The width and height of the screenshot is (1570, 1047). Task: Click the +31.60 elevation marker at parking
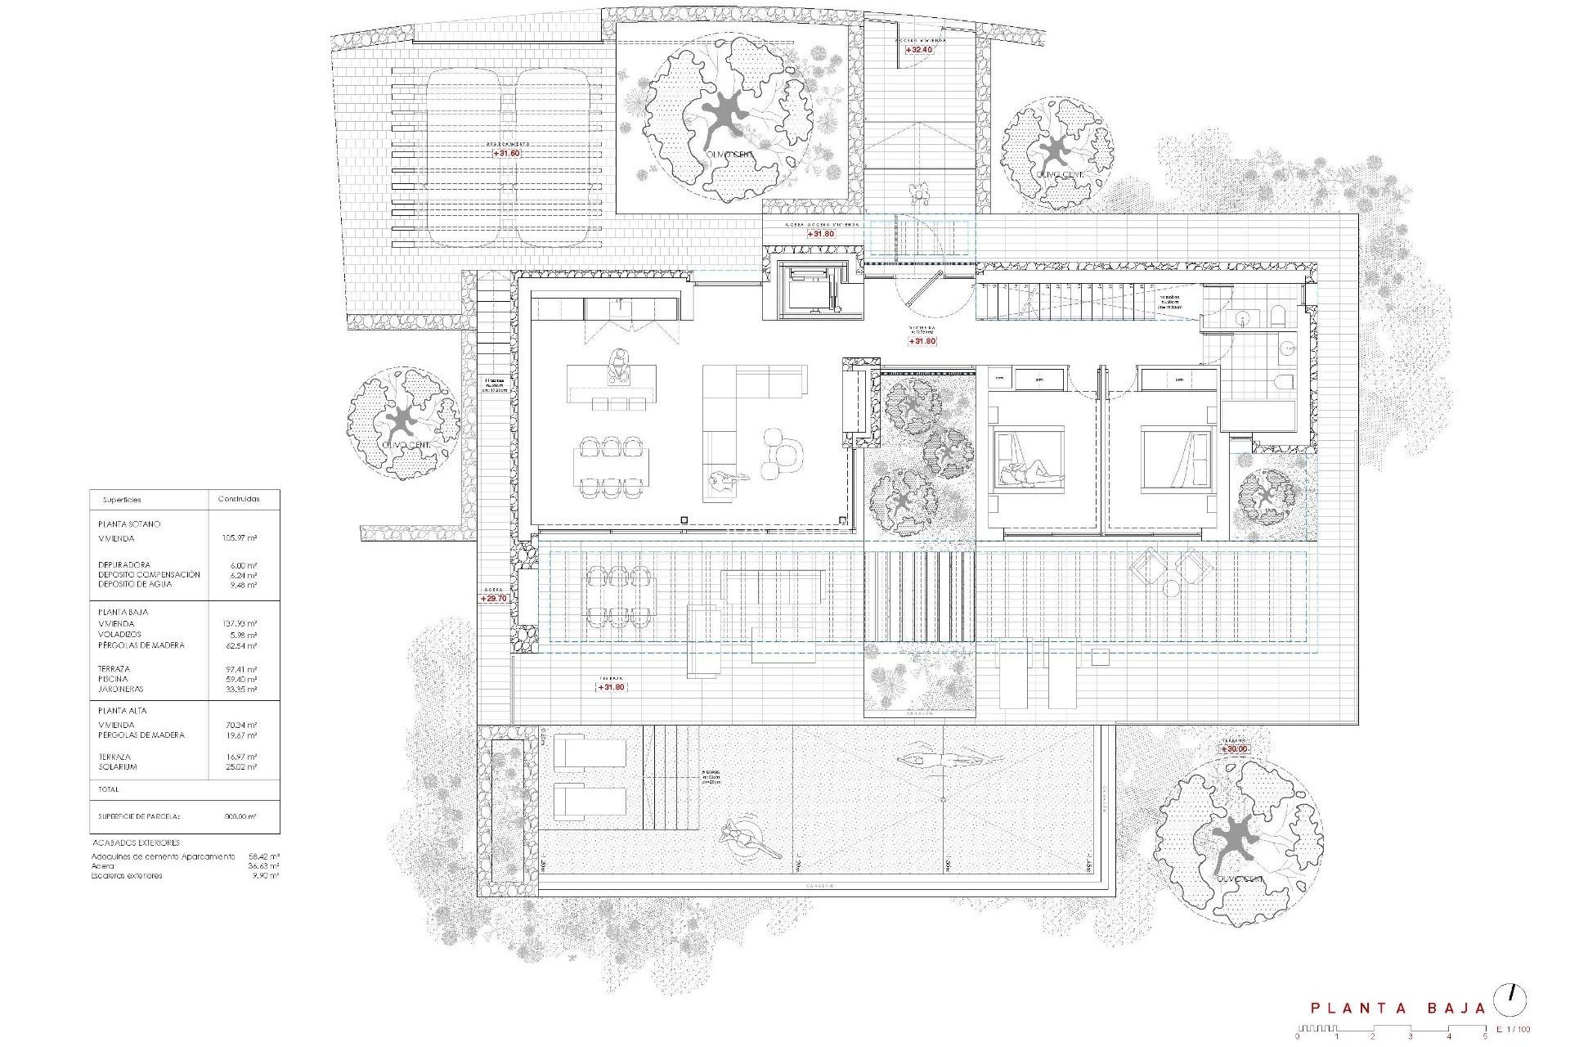click(506, 153)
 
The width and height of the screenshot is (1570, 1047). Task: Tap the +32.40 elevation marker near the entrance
click(919, 50)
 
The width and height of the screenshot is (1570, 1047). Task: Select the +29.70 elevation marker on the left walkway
click(494, 599)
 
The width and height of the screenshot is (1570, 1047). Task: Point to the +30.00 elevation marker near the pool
click(1234, 749)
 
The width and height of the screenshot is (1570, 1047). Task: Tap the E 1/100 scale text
click(1513, 1030)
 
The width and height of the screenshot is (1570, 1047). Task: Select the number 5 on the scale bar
click(1485, 1037)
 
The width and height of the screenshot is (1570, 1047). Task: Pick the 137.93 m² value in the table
click(240, 624)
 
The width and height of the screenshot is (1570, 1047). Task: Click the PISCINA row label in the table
click(113, 679)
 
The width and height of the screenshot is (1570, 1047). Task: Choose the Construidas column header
click(239, 499)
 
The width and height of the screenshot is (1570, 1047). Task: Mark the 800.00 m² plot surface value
click(240, 816)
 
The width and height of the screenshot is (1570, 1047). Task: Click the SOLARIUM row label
click(118, 767)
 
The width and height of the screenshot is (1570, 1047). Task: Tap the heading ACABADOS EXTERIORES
click(136, 843)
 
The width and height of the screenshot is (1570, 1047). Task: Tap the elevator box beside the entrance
click(812, 290)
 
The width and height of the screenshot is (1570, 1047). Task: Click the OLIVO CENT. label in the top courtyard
click(729, 155)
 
